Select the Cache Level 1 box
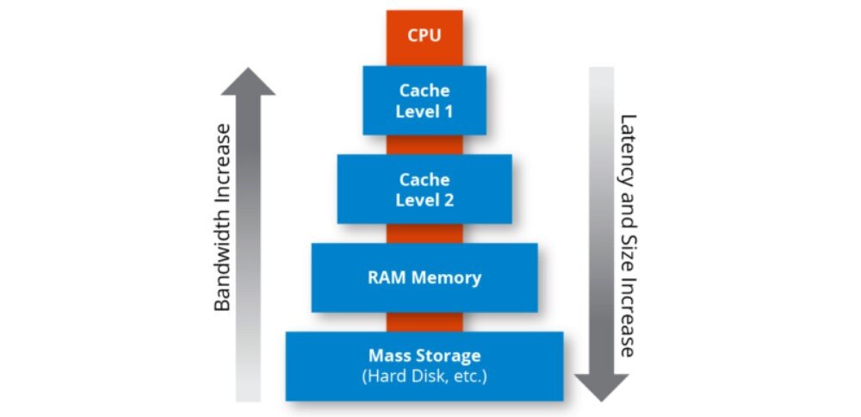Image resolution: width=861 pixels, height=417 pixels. point(424,100)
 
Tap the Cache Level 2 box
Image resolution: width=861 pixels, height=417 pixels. point(424,189)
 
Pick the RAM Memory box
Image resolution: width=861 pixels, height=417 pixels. point(424,277)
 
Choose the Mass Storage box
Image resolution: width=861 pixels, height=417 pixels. point(424,365)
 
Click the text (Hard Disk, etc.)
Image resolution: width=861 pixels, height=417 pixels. point(424,377)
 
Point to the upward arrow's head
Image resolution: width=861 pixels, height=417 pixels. point(248,80)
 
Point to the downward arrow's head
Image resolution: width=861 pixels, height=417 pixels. point(601,387)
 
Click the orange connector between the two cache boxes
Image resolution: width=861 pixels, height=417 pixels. point(424,145)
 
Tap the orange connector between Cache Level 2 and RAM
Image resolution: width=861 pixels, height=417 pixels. point(424,233)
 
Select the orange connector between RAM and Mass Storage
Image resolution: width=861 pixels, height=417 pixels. point(424,321)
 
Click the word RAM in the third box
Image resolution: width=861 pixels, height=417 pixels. point(385,277)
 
